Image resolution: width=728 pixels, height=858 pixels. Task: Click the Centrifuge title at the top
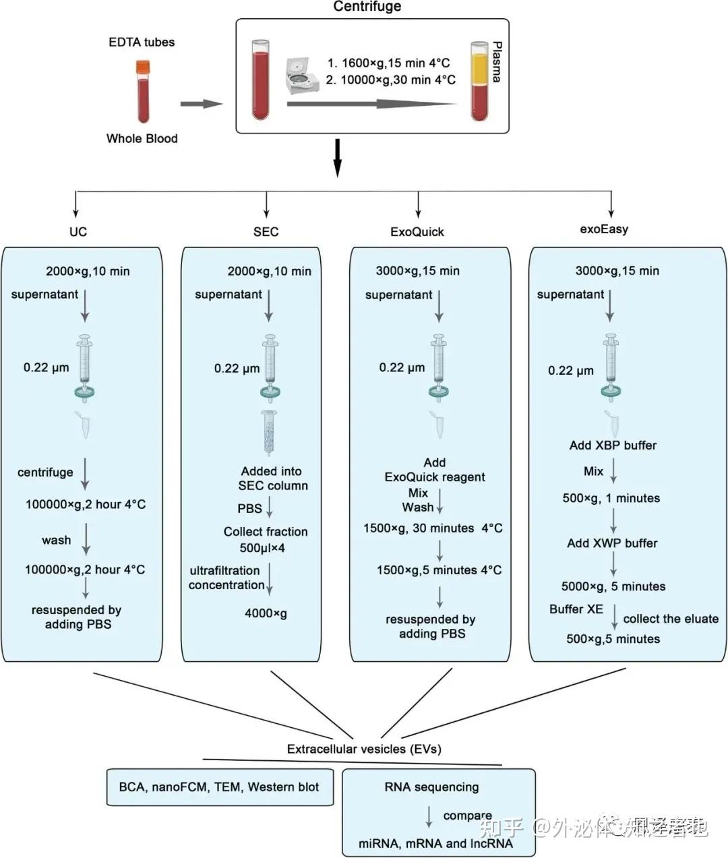point(367,7)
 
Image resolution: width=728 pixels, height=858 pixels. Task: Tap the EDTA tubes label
point(142,42)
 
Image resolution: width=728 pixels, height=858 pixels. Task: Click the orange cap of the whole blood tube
point(143,67)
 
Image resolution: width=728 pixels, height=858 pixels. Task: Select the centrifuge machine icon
point(300,75)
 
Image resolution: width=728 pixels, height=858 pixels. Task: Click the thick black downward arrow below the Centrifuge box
point(338,158)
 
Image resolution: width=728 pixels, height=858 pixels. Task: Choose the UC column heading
point(78,232)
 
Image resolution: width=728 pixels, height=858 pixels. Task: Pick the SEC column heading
point(266,232)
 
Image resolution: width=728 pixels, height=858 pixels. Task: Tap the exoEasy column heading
point(604,229)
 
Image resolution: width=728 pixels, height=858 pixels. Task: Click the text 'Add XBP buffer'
point(613,446)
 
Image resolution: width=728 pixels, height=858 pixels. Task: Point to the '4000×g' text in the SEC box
point(266,613)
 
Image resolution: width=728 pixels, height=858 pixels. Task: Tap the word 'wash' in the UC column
point(56,540)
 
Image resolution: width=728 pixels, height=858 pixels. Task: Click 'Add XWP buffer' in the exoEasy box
point(612,543)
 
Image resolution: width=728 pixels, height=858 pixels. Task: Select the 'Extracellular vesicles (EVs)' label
point(364,749)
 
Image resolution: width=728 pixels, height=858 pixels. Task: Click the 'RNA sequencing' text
point(431,787)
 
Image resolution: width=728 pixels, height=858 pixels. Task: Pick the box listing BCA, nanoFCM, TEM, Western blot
point(220,787)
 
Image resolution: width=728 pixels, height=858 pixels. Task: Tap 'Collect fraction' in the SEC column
point(266,532)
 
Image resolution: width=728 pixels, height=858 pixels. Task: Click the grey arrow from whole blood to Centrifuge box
point(201,104)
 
